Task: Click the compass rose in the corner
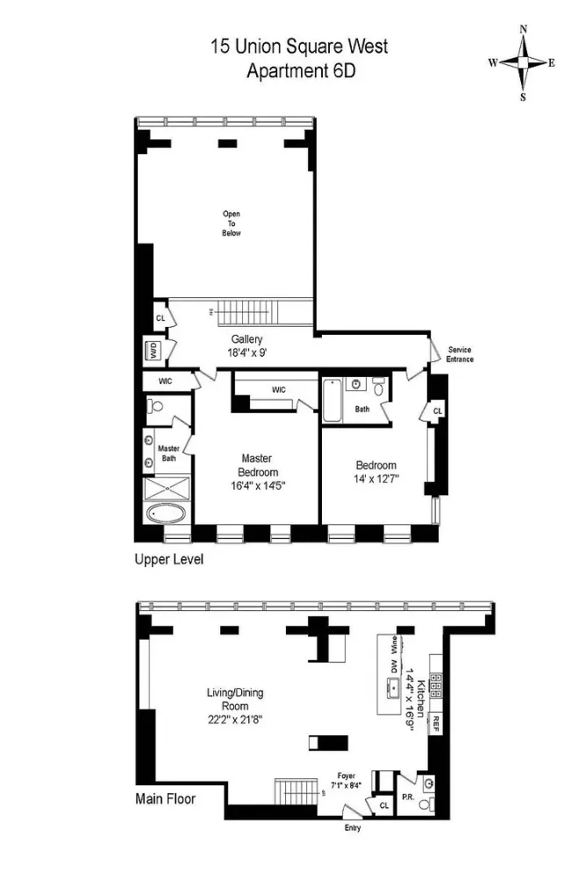(523, 62)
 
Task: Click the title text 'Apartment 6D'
(298, 71)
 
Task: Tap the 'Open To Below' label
(231, 224)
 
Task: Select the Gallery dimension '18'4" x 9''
(247, 353)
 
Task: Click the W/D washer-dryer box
(152, 351)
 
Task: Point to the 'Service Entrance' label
(461, 354)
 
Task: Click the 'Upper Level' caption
(168, 558)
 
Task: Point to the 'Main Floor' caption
(165, 798)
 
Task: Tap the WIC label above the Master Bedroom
(279, 389)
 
